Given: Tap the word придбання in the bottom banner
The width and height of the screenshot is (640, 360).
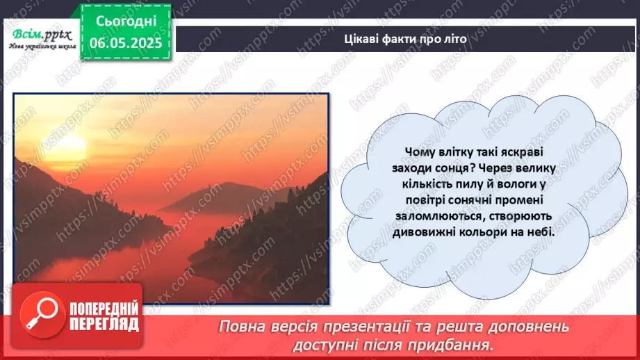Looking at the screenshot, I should click(461, 344).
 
